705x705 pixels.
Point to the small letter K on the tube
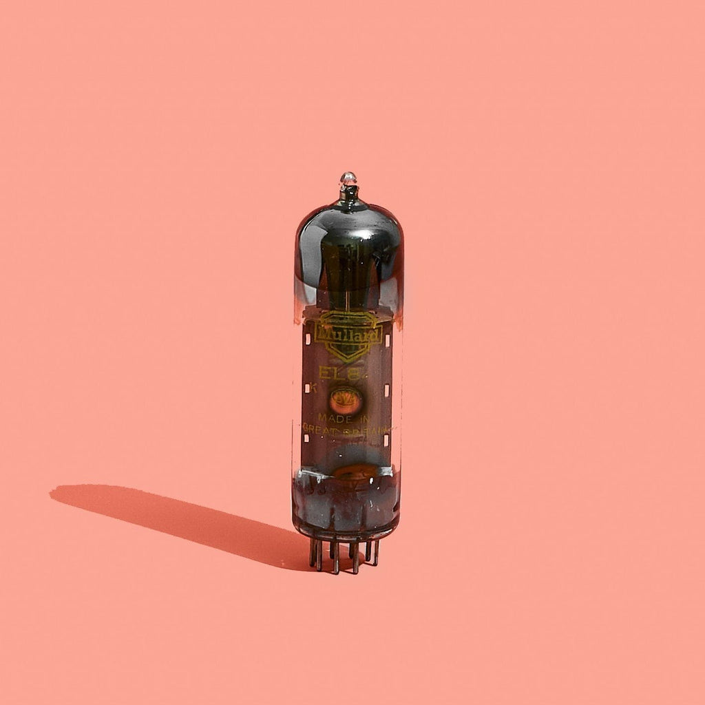coord(313,388)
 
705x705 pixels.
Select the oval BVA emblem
coord(346,399)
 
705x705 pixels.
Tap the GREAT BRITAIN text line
coord(348,430)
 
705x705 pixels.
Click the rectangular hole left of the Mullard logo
coord(307,339)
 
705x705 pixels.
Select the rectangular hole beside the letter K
coord(306,388)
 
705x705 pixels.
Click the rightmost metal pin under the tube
coord(375,553)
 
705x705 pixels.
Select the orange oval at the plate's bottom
coord(355,473)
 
